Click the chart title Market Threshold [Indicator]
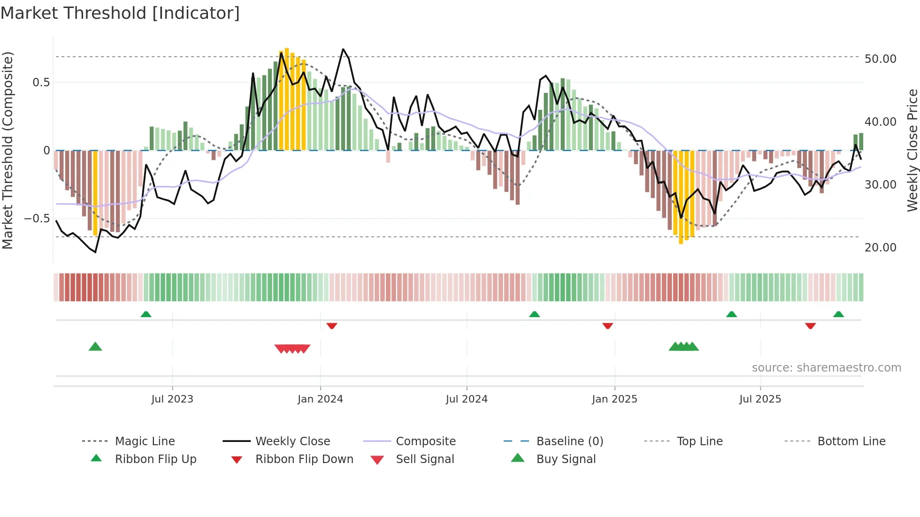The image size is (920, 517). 120,13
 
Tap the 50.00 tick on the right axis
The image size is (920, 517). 880,59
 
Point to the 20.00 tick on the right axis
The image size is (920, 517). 880,248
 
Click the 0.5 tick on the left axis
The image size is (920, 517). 41,83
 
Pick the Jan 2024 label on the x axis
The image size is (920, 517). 320,399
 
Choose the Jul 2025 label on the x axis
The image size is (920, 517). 760,399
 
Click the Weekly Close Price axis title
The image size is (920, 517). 912,150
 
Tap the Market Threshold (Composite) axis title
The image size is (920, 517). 8,150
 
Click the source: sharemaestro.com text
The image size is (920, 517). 826,368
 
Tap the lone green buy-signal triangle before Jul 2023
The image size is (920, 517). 95,347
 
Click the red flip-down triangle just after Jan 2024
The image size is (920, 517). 332,326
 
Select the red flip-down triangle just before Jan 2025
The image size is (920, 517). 608,326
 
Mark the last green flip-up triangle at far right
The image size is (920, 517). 839,314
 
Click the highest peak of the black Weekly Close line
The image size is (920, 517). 343,49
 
